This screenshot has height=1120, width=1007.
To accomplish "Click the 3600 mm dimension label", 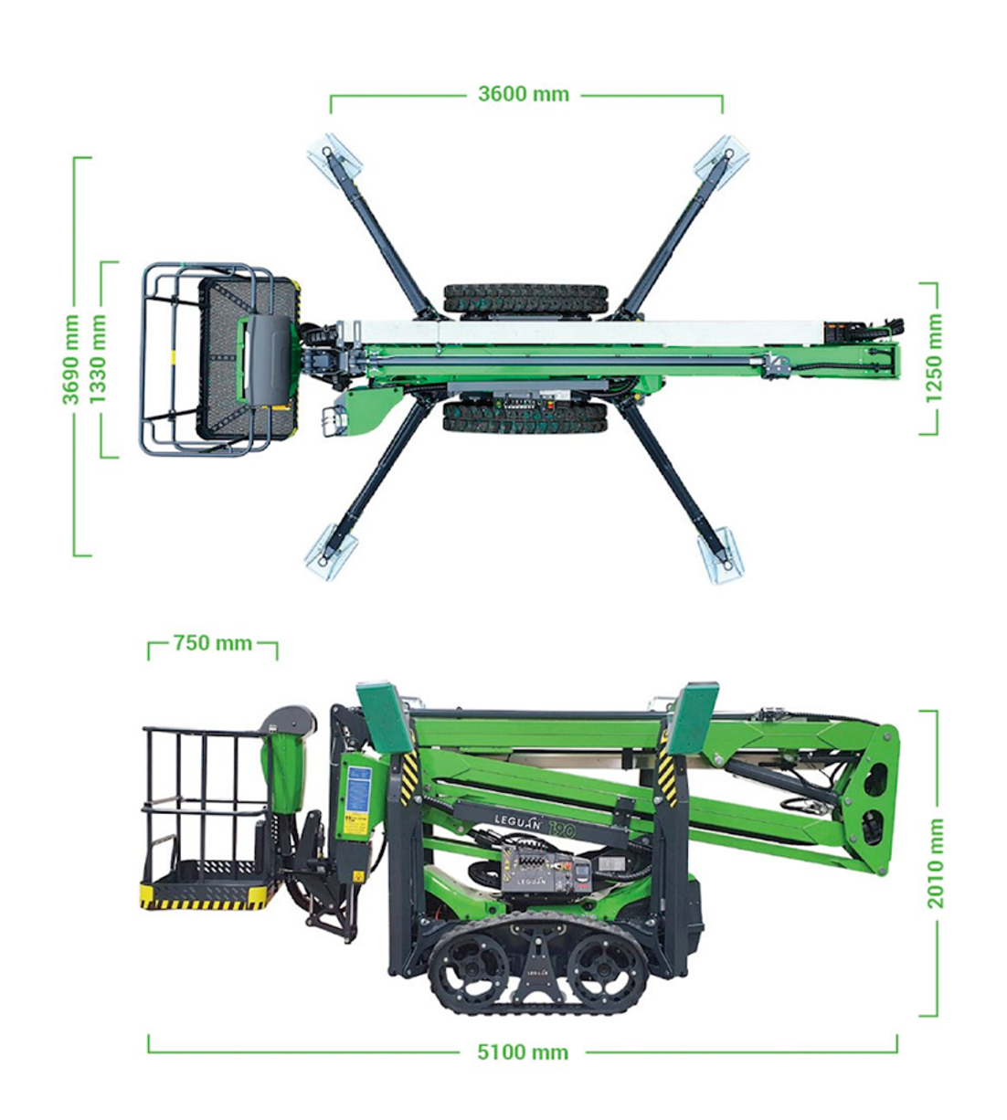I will (523, 94).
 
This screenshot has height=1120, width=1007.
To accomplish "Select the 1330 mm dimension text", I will (98, 359).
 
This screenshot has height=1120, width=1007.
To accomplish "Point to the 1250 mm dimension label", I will (932, 358).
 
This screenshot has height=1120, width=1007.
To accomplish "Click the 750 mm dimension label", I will (212, 643).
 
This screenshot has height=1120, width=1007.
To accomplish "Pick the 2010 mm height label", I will (936, 863).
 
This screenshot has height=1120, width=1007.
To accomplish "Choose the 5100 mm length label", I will (522, 1052).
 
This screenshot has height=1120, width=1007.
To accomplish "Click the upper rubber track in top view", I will (525, 299).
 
